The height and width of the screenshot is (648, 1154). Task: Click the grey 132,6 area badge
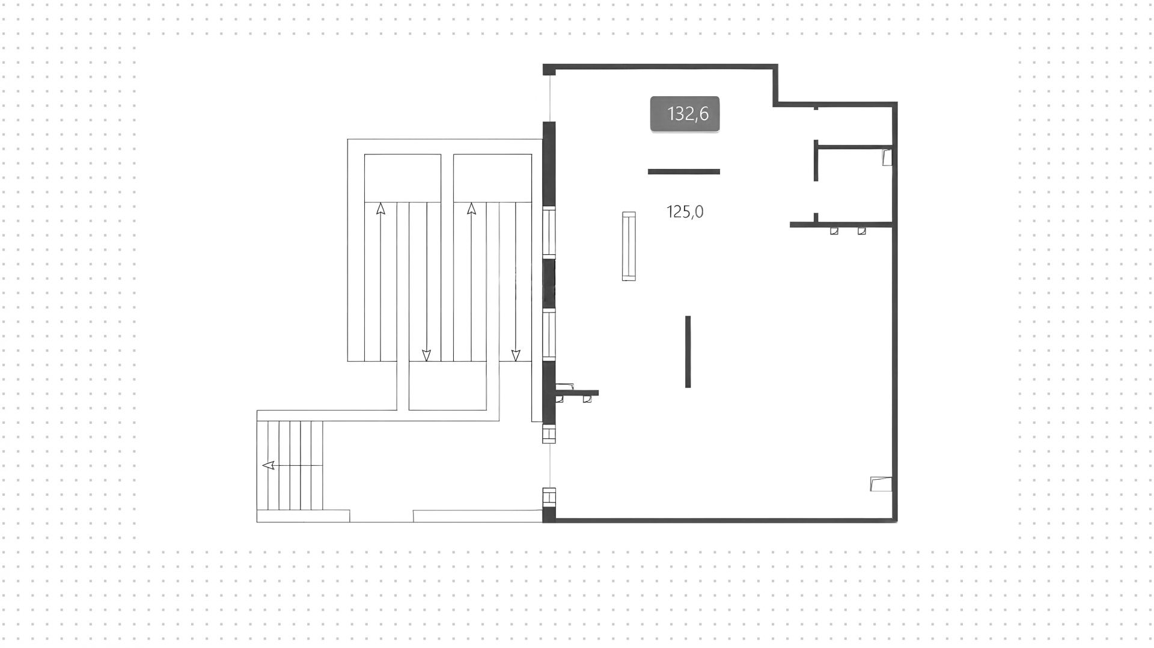point(685,114)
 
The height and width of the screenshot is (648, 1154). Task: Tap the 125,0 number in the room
point(685,212)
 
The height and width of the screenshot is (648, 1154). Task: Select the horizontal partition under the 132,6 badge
point(683,172)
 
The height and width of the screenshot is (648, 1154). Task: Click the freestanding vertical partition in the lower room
point(688,352)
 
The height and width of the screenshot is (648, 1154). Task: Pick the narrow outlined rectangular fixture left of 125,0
point(629,246)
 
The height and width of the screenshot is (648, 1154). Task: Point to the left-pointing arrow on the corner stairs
point(269,465)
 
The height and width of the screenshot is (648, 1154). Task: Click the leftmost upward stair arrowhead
point(380,209)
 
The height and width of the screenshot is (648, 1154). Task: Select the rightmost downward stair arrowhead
point(515,355)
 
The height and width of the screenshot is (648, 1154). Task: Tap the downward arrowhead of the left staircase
point(427,355)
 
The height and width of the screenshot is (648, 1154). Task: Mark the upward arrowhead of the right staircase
point(471,209)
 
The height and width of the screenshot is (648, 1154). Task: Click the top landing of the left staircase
point(402,178)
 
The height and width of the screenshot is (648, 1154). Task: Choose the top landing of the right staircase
point(492,178)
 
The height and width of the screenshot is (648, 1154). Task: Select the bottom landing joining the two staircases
point(447,386)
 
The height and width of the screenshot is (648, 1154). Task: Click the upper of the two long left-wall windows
point(549,233)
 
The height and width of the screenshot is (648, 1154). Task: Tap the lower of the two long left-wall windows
point(549,334)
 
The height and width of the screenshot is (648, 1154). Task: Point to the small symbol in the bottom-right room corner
point(881,484)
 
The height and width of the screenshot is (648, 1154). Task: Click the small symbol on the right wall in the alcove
point(887,157)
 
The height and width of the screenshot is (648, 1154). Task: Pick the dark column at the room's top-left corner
point(549,70)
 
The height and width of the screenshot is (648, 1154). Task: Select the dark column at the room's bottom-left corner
point(549,515)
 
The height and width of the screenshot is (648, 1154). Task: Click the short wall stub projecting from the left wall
point(577,394)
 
